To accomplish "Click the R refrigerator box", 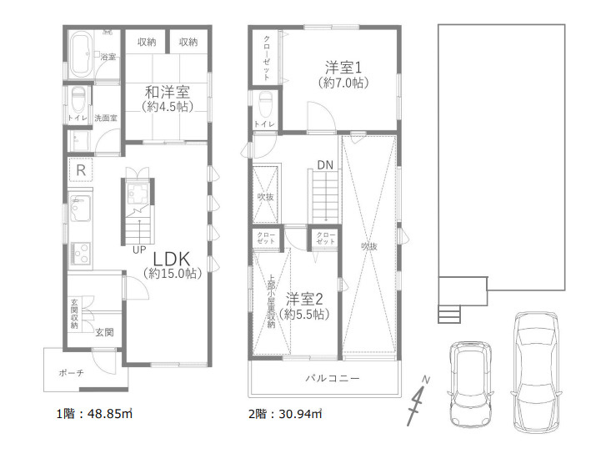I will tap(81, 170).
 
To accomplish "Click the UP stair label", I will tap(138, 249).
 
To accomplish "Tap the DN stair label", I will tap(324, 164).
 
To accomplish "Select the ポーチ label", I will tap(72, 373).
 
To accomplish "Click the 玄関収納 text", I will tap(75, 313).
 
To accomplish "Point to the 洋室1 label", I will tap(343, 68).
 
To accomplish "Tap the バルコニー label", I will tap(332, 378).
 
